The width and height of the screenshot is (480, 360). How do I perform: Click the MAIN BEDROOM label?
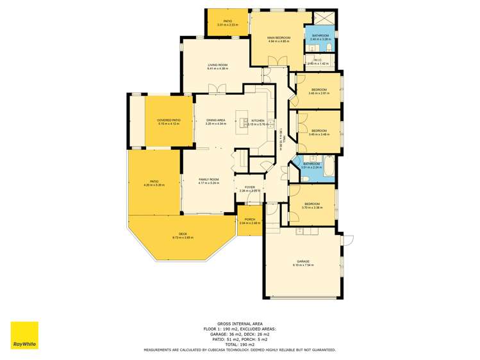pyautogui.click(x=279, y=38)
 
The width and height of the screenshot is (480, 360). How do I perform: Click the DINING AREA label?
pyautogui.click(x=215, y=120)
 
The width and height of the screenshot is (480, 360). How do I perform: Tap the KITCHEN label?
pyautogui.click(x=258, y=120)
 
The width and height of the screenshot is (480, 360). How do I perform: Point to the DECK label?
pyautogui.click(x=183, y=234)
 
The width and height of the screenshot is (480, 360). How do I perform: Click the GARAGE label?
pyautogui.click(x=302, y=261)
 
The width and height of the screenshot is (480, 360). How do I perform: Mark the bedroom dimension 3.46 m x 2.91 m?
pyautogui.click(x=319, y=94)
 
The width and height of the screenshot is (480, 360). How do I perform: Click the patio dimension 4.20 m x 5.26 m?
pyautogui.click(x=154, y=185)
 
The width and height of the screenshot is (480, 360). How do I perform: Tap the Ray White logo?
pyautogui.click(x=24, y=335)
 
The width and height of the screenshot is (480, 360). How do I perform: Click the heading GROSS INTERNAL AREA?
pyautogui.click(x=240, y=323)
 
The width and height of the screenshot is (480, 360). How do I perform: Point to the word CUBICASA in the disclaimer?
pyautogui.click(x=239, y=350)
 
